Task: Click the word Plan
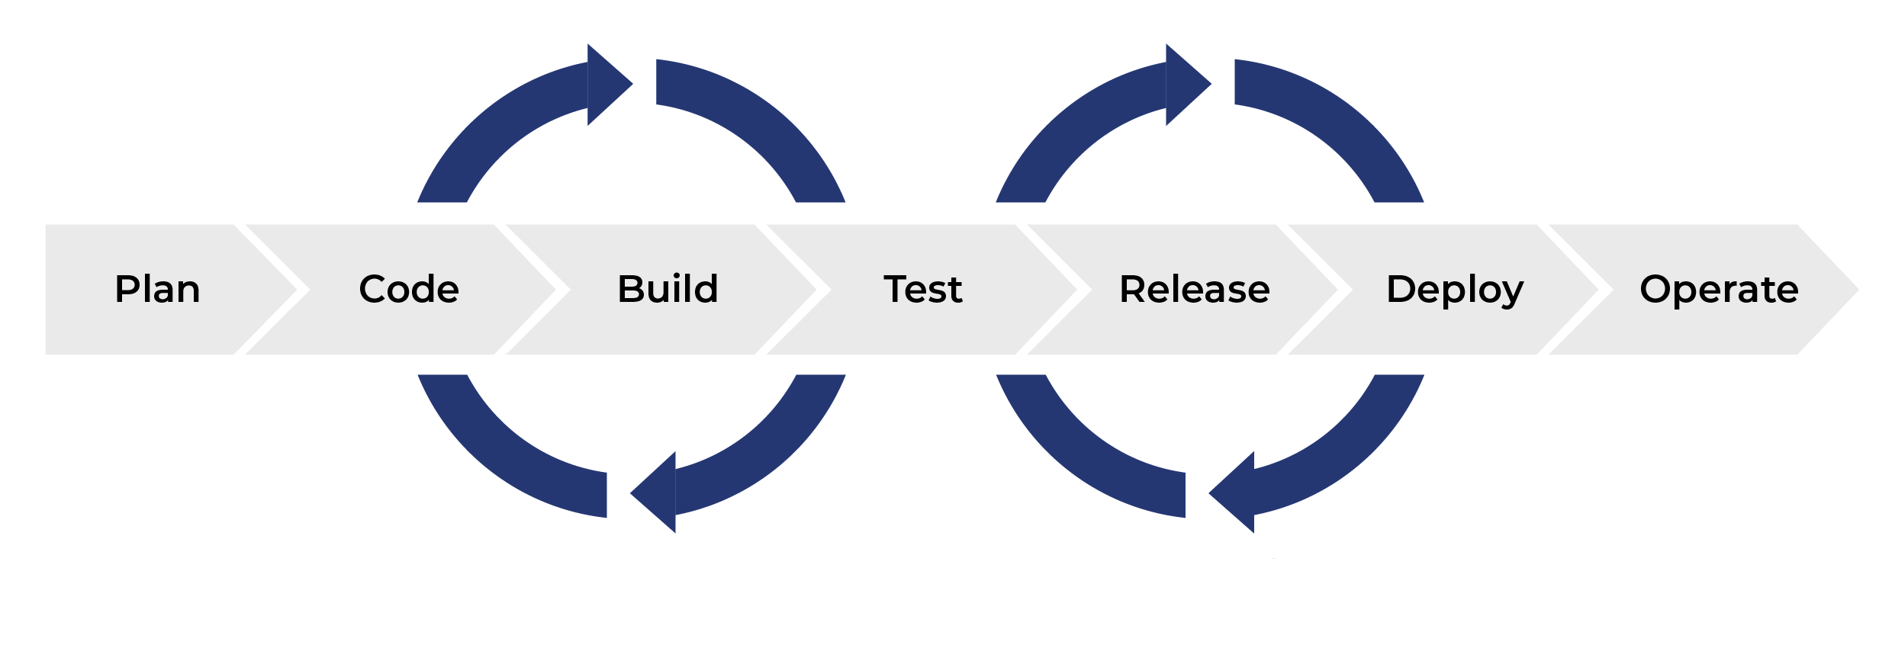pos(157,290)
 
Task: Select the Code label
pos(409,290)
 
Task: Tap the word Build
pos(668,290)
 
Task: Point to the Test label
pos(923,290)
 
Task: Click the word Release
pos(1195,290)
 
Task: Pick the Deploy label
pos(1455,290)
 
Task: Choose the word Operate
pos(1719,290)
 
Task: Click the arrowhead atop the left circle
pos(606,85)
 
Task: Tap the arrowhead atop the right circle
pos(1185,85)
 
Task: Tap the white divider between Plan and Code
pos(304,290)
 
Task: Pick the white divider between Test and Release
pos(1085,290)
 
